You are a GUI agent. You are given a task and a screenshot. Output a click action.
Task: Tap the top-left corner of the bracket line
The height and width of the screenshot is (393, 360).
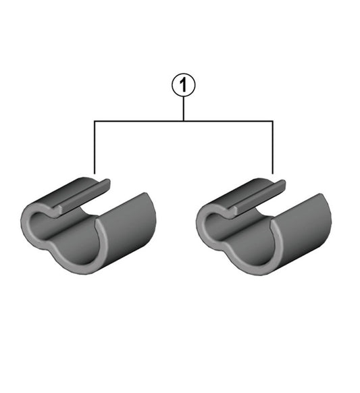click(95, 122)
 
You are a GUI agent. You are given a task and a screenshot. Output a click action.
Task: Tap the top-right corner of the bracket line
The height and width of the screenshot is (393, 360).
click(272, 122)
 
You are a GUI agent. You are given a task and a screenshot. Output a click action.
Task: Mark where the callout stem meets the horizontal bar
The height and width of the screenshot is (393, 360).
click(183, 122)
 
